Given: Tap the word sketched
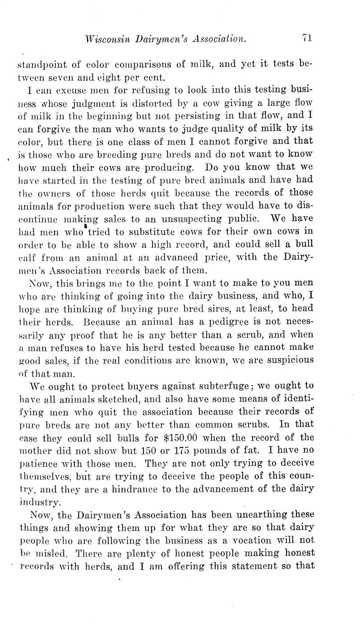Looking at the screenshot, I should click(149, 400).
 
